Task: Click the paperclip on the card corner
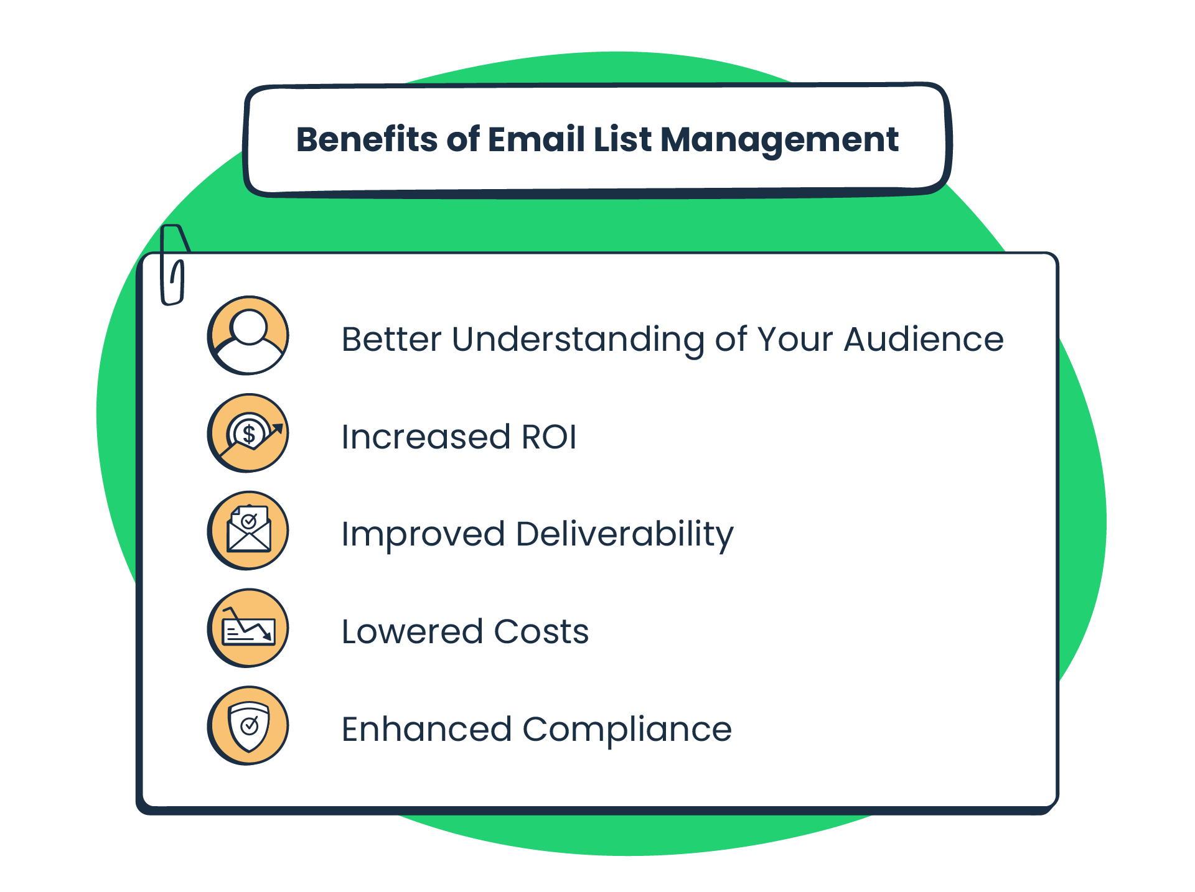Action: click(x=174, y=264)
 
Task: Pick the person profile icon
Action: click(x=248, y=335)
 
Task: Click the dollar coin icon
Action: click(x=248, y=433)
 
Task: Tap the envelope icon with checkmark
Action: click(x=248, y=531)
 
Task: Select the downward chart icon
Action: click(x=248, y=628)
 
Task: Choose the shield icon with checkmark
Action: click(x=248, y=726)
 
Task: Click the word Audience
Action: click(x=923, y=339)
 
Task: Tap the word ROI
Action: click(x=549, y=437)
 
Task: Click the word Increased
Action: click(x=426, y=437)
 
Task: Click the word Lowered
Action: click(x=412, y=632)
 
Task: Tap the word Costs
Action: click(x=541, y=632)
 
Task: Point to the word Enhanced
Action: click(x=426, y=729)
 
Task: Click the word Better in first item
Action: click(x=391, y=339)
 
